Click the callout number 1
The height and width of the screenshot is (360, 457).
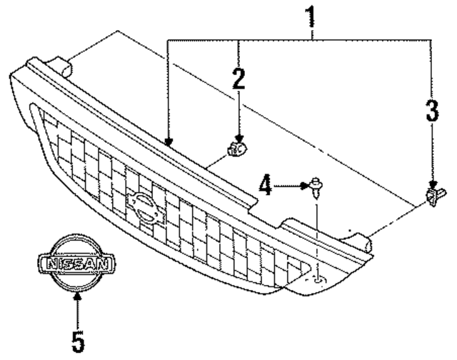[311, 15]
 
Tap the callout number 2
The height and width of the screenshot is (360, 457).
[238, 79]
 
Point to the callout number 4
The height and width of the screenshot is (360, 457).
[266, 187]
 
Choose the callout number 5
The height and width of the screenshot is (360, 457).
[78, 341]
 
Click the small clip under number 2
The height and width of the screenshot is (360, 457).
[236, 149]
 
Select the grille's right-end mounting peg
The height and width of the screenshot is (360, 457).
[366, 244]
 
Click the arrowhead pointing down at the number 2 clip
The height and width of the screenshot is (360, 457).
[238, 139]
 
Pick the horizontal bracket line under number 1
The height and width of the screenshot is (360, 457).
[300, 41]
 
